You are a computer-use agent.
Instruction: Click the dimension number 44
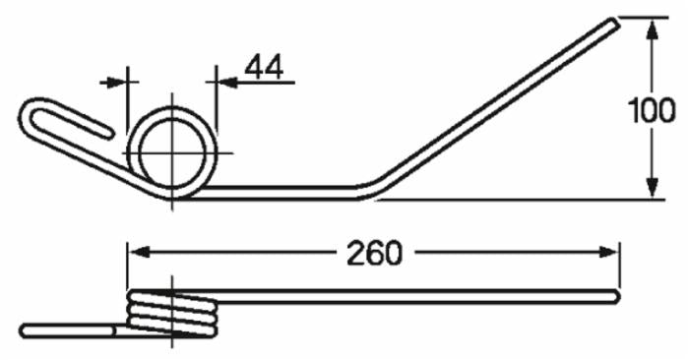(264, 68)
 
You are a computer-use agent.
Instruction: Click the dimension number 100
(652, 110)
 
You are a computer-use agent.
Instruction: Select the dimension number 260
(374, 254)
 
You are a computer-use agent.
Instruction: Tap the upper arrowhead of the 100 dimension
(653, 30)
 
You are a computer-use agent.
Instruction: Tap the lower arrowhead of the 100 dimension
(653, 188)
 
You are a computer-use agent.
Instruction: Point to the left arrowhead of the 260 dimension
(139, 252)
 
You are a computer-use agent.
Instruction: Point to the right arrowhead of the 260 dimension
(608, 252)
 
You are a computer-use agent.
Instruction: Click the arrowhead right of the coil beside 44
(227, 82)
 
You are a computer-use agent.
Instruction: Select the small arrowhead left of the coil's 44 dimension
(115, 82)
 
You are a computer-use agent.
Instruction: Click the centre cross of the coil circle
(172, 152)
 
